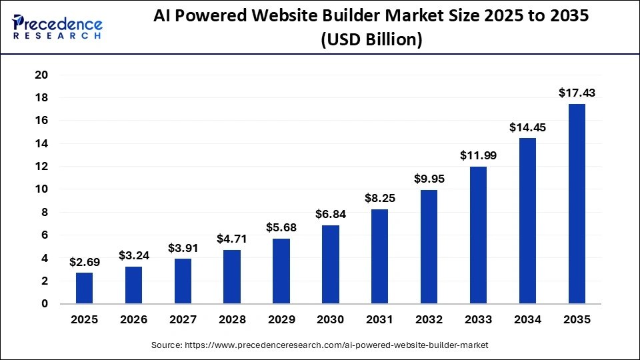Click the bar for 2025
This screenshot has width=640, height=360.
coord(85,288)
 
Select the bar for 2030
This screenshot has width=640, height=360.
coord(330,264)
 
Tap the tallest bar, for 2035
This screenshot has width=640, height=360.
coord(576,203)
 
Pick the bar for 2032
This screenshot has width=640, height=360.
coord(429,247)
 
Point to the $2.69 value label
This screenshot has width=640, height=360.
coord(85,262)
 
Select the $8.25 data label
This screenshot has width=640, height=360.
coord(379,198)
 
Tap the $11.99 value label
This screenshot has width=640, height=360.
coord(478,155)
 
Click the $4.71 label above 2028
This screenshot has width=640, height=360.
coord(232,239)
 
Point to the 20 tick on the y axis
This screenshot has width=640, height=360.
coord(41,75)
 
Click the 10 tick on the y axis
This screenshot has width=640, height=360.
coord(41,189)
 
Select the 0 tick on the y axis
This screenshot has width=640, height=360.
coord(45,304)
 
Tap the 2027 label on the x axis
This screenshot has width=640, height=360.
coord(183,320)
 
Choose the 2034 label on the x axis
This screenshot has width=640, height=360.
coord(527,320)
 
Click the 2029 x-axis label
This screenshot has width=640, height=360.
coord(281,320)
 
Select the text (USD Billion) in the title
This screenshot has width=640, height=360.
coord(371,39)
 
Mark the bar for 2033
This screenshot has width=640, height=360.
coord(478,235)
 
